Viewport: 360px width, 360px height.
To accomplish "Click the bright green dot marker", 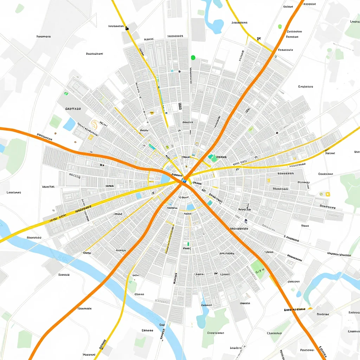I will coord(193,57).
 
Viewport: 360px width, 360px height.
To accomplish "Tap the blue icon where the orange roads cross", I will coord(184,181).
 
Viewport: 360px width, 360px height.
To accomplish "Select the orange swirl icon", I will coord(94,124).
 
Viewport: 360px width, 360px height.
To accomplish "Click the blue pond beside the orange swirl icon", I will coord(69,124).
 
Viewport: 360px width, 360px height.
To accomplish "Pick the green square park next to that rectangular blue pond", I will coord(56,121).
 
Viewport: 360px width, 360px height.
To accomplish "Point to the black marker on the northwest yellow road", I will coord(127,28).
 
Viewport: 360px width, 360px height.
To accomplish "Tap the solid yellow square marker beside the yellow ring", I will coord(328,194).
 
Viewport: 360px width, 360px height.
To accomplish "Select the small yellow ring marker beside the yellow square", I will coord(321,194).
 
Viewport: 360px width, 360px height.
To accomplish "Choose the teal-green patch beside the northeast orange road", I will coord(213,157).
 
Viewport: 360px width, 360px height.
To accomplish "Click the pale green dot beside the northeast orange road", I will coord(280,26).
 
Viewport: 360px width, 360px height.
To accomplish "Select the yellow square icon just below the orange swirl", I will coord(90,137).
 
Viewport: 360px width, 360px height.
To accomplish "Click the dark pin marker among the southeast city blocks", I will coord(245,221).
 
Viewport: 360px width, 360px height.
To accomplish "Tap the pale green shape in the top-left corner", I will coord(20,9).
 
